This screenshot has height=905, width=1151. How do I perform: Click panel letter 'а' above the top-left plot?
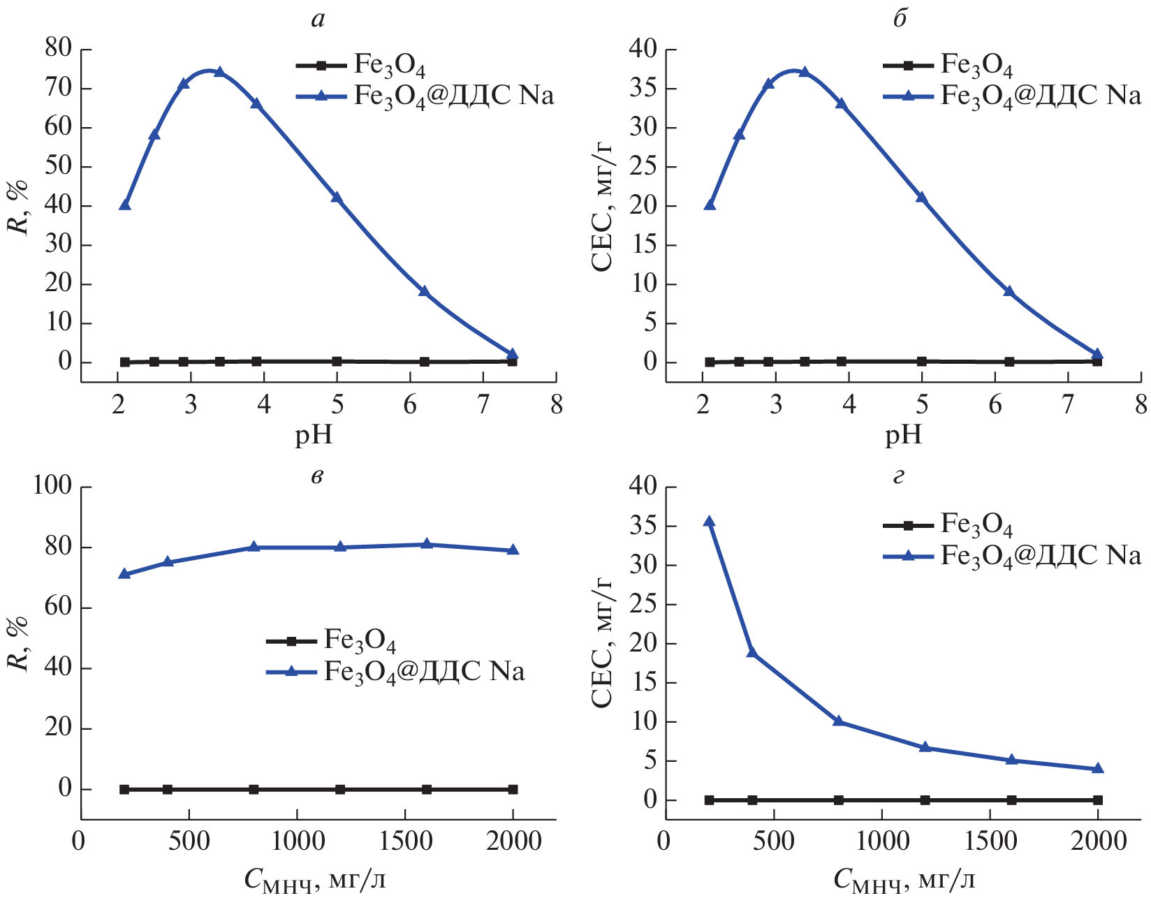(x=318, y=20)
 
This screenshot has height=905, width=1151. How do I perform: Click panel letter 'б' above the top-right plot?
(x=900, y=20)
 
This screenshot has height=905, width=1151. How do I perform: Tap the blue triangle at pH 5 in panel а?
(x=337, y=198)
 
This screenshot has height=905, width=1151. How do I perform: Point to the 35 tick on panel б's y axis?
(x=643, y=89)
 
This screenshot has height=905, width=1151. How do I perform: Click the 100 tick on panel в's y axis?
(x=53, y=486)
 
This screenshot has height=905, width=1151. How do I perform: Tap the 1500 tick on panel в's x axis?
(x=405, y=841)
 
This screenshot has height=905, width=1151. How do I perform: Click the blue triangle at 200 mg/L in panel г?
(x=709, y=522)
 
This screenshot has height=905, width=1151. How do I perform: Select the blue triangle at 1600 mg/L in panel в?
(x=427, y=544)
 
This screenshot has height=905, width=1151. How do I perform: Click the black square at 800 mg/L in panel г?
(x=838, y=800)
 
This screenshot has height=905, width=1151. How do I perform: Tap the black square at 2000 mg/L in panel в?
(x=513, y=789)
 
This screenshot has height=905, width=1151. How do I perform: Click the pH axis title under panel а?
(x=314, y=435)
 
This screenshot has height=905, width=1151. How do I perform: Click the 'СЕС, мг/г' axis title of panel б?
(x=602, y=206)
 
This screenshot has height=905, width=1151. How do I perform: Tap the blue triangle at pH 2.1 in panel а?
(x=125, y=205)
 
